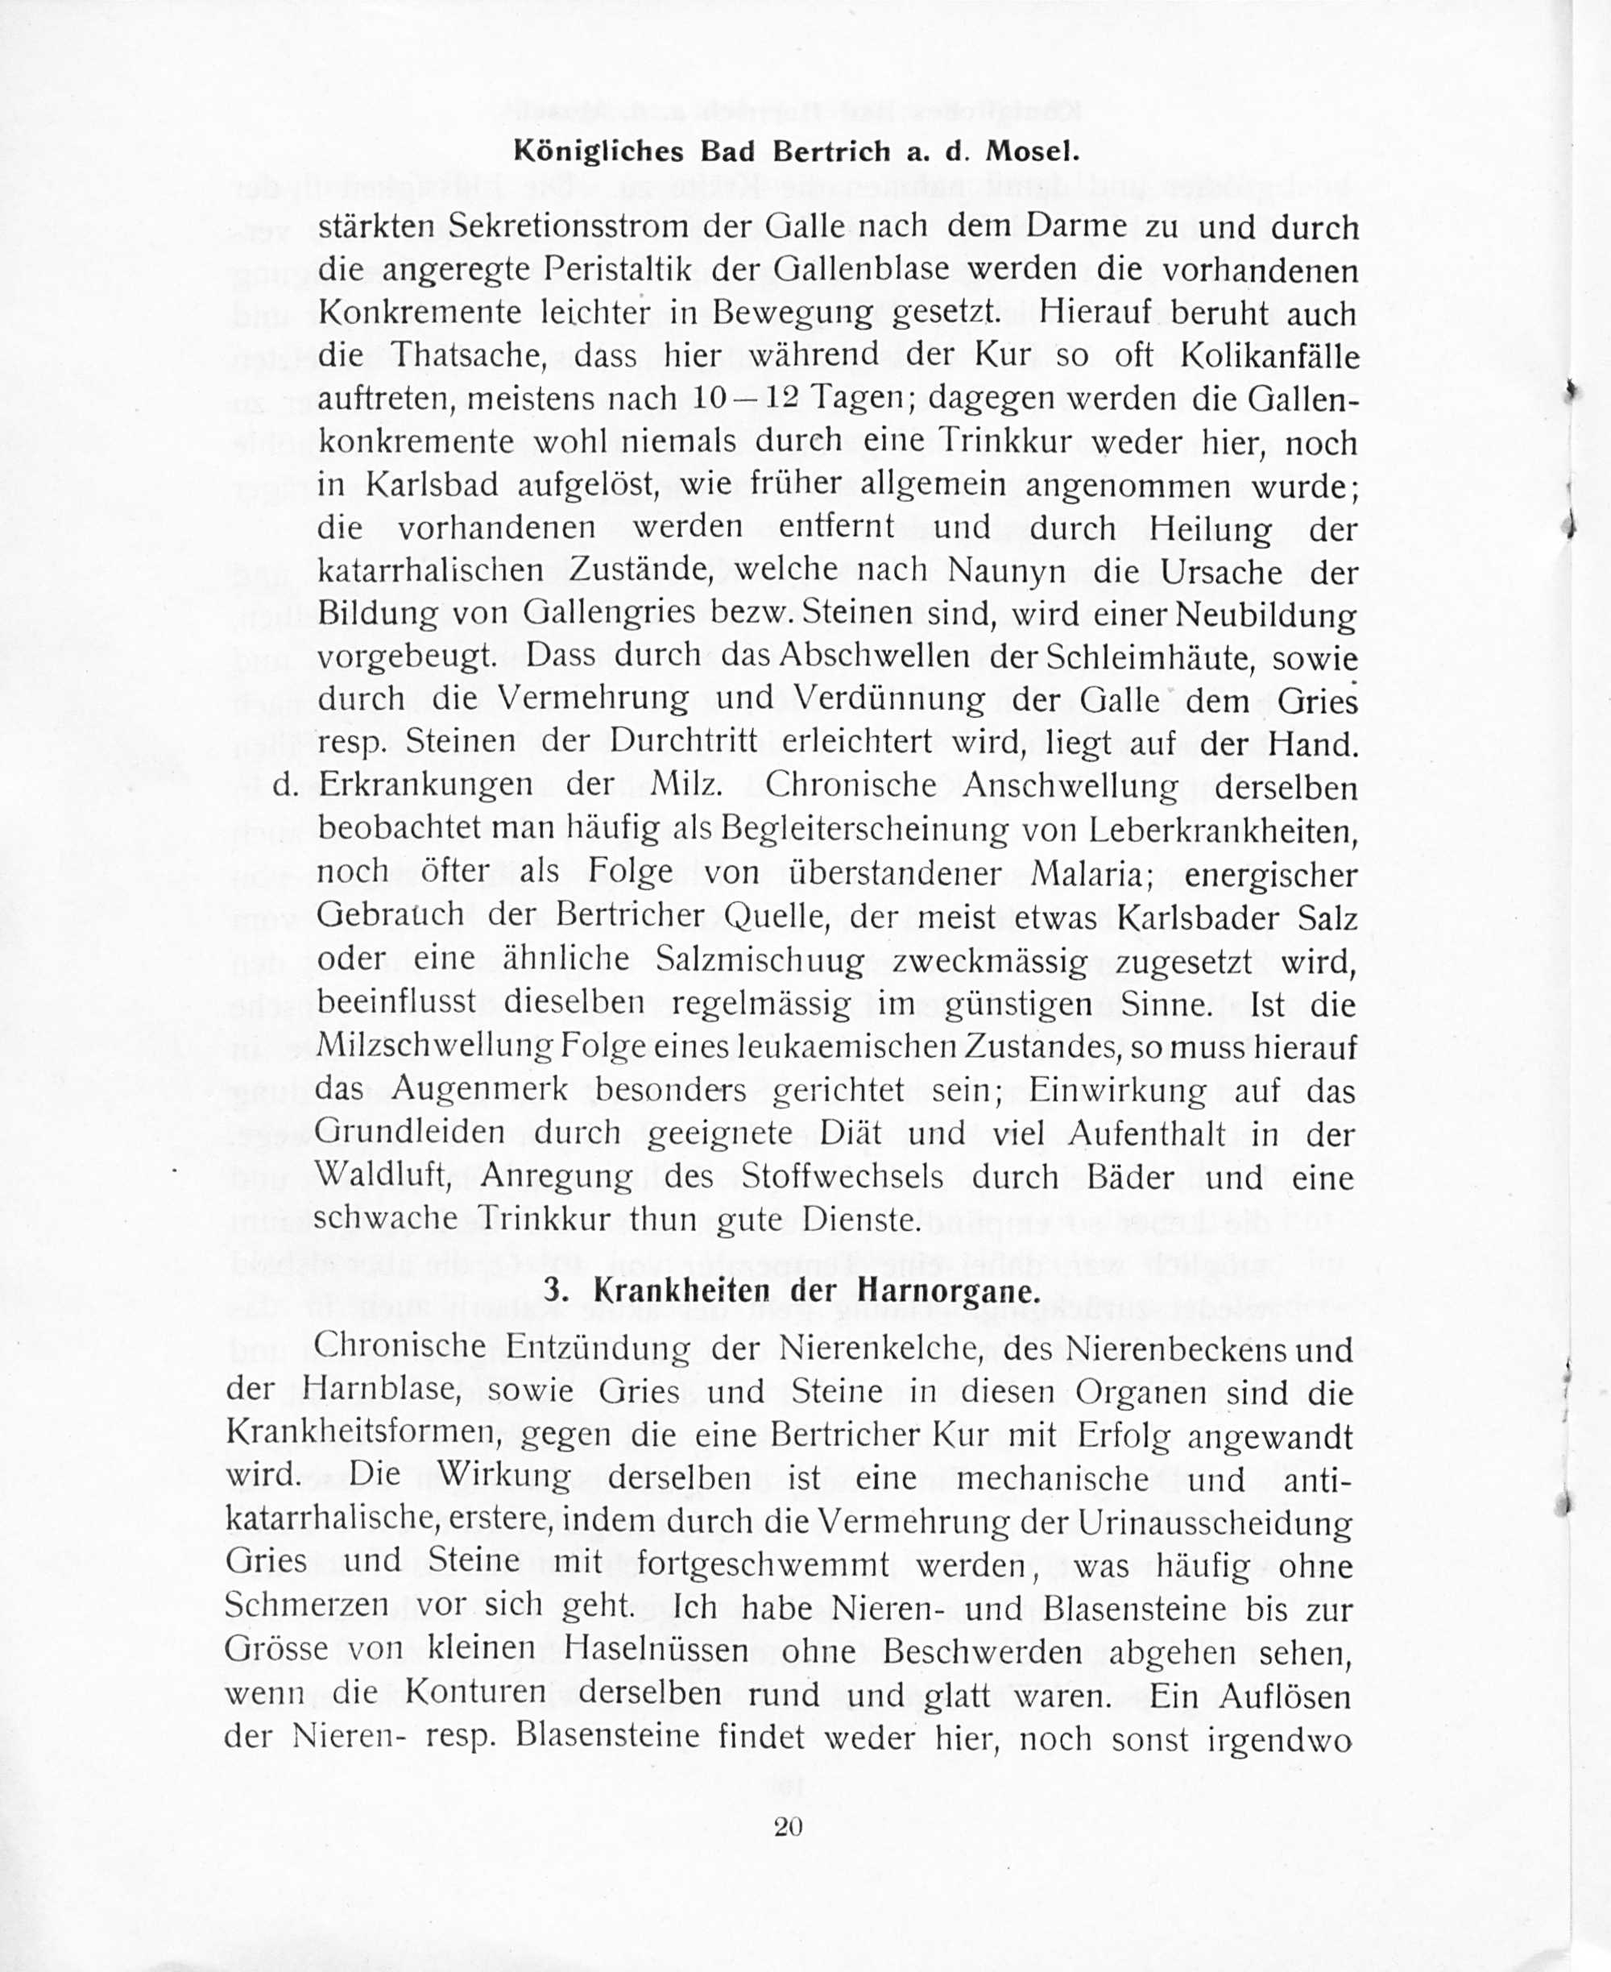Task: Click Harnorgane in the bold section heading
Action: (x=945, y=1290)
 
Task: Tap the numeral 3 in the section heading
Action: (x=553, y=1290)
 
